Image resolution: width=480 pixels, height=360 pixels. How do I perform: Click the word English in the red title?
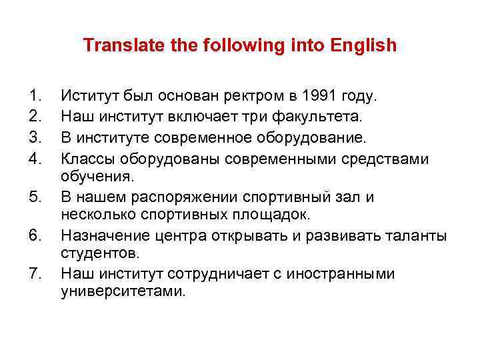(x=363, y=45)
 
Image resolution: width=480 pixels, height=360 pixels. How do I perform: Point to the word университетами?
(x=121, y=293)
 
